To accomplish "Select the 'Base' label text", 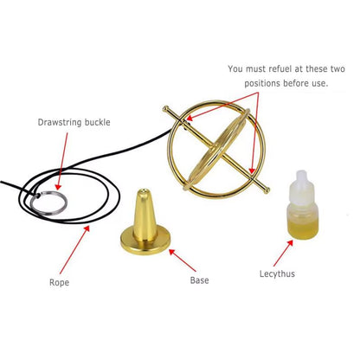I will click(199, 281).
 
